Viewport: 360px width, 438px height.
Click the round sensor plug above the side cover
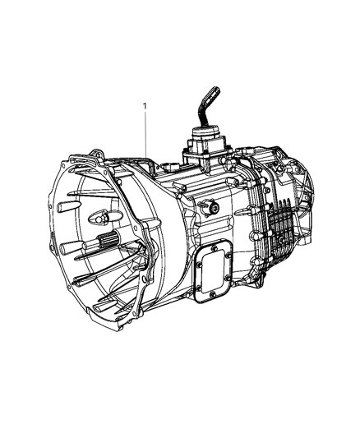213,209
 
